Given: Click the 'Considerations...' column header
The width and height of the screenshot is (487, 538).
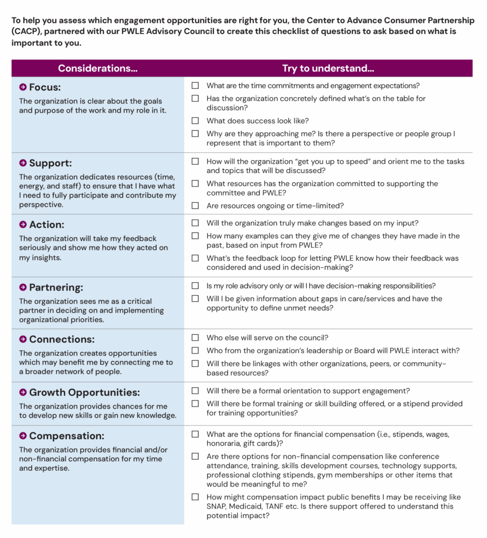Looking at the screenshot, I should tap(97, 68).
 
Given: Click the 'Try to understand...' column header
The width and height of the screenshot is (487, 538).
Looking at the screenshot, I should tap(328, 68).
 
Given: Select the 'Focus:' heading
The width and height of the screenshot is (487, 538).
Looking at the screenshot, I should tap(45, 87).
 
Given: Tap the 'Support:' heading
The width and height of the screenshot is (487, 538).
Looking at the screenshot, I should tap(50, 163).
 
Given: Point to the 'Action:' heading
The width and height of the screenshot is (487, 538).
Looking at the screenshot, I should tap(47, 224).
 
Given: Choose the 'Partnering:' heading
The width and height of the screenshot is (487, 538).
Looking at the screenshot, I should tap(56, 287).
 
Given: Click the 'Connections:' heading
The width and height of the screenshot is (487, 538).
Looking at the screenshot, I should tap(61, 339).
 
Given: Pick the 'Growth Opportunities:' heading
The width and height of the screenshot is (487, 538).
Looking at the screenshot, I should tap(84, 392).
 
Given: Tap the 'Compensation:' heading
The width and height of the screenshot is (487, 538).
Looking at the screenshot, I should tap(67, 436).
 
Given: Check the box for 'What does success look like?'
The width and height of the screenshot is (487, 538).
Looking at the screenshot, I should tap(195, 121).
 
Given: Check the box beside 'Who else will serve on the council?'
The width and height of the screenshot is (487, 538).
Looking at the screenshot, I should tap(195, 338).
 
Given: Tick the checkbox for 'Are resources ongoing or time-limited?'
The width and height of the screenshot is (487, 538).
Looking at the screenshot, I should tap(195, 205).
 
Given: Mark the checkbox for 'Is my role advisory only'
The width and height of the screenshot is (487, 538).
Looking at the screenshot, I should tap(195, 286).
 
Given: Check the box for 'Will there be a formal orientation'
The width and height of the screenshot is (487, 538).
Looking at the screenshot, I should tap(195, 391).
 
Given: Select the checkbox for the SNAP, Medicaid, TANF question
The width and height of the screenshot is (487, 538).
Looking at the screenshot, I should tap(195, 497).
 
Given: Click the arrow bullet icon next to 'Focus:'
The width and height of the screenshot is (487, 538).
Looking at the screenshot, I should tap(23, 87).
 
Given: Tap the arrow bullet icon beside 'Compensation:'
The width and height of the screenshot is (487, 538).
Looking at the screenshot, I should tap(23, 436).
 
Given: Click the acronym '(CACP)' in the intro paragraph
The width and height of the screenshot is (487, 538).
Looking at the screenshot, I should tap(28, 32).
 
